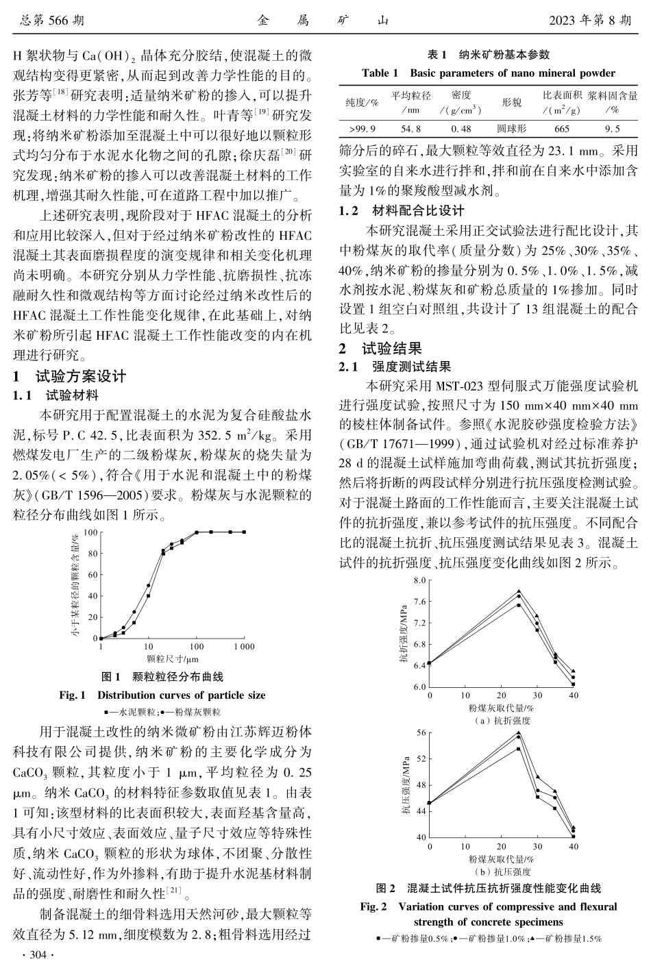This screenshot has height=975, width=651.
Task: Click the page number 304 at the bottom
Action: tap(34, 955)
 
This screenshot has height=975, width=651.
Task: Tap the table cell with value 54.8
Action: tap(410, 128)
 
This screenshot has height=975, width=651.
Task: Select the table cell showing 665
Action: tap(561, 128)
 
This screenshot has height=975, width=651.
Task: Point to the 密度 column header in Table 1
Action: tap(461, 96)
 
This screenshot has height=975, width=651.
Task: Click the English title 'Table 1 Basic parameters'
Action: tap(488, 73)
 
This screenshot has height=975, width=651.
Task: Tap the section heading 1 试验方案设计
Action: tap(71, 376)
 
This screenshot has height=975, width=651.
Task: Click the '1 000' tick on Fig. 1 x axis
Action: tap(243, 647)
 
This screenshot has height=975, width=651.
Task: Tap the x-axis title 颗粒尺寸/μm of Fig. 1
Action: tap(173, 659)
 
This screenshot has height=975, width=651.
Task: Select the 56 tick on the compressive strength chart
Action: tap(421, 732)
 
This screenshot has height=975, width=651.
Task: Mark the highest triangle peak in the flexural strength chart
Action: tap(519, 591)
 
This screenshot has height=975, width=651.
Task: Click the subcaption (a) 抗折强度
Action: tap(502, 721)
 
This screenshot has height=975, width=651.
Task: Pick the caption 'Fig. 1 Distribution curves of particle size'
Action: tap(162, 695)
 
